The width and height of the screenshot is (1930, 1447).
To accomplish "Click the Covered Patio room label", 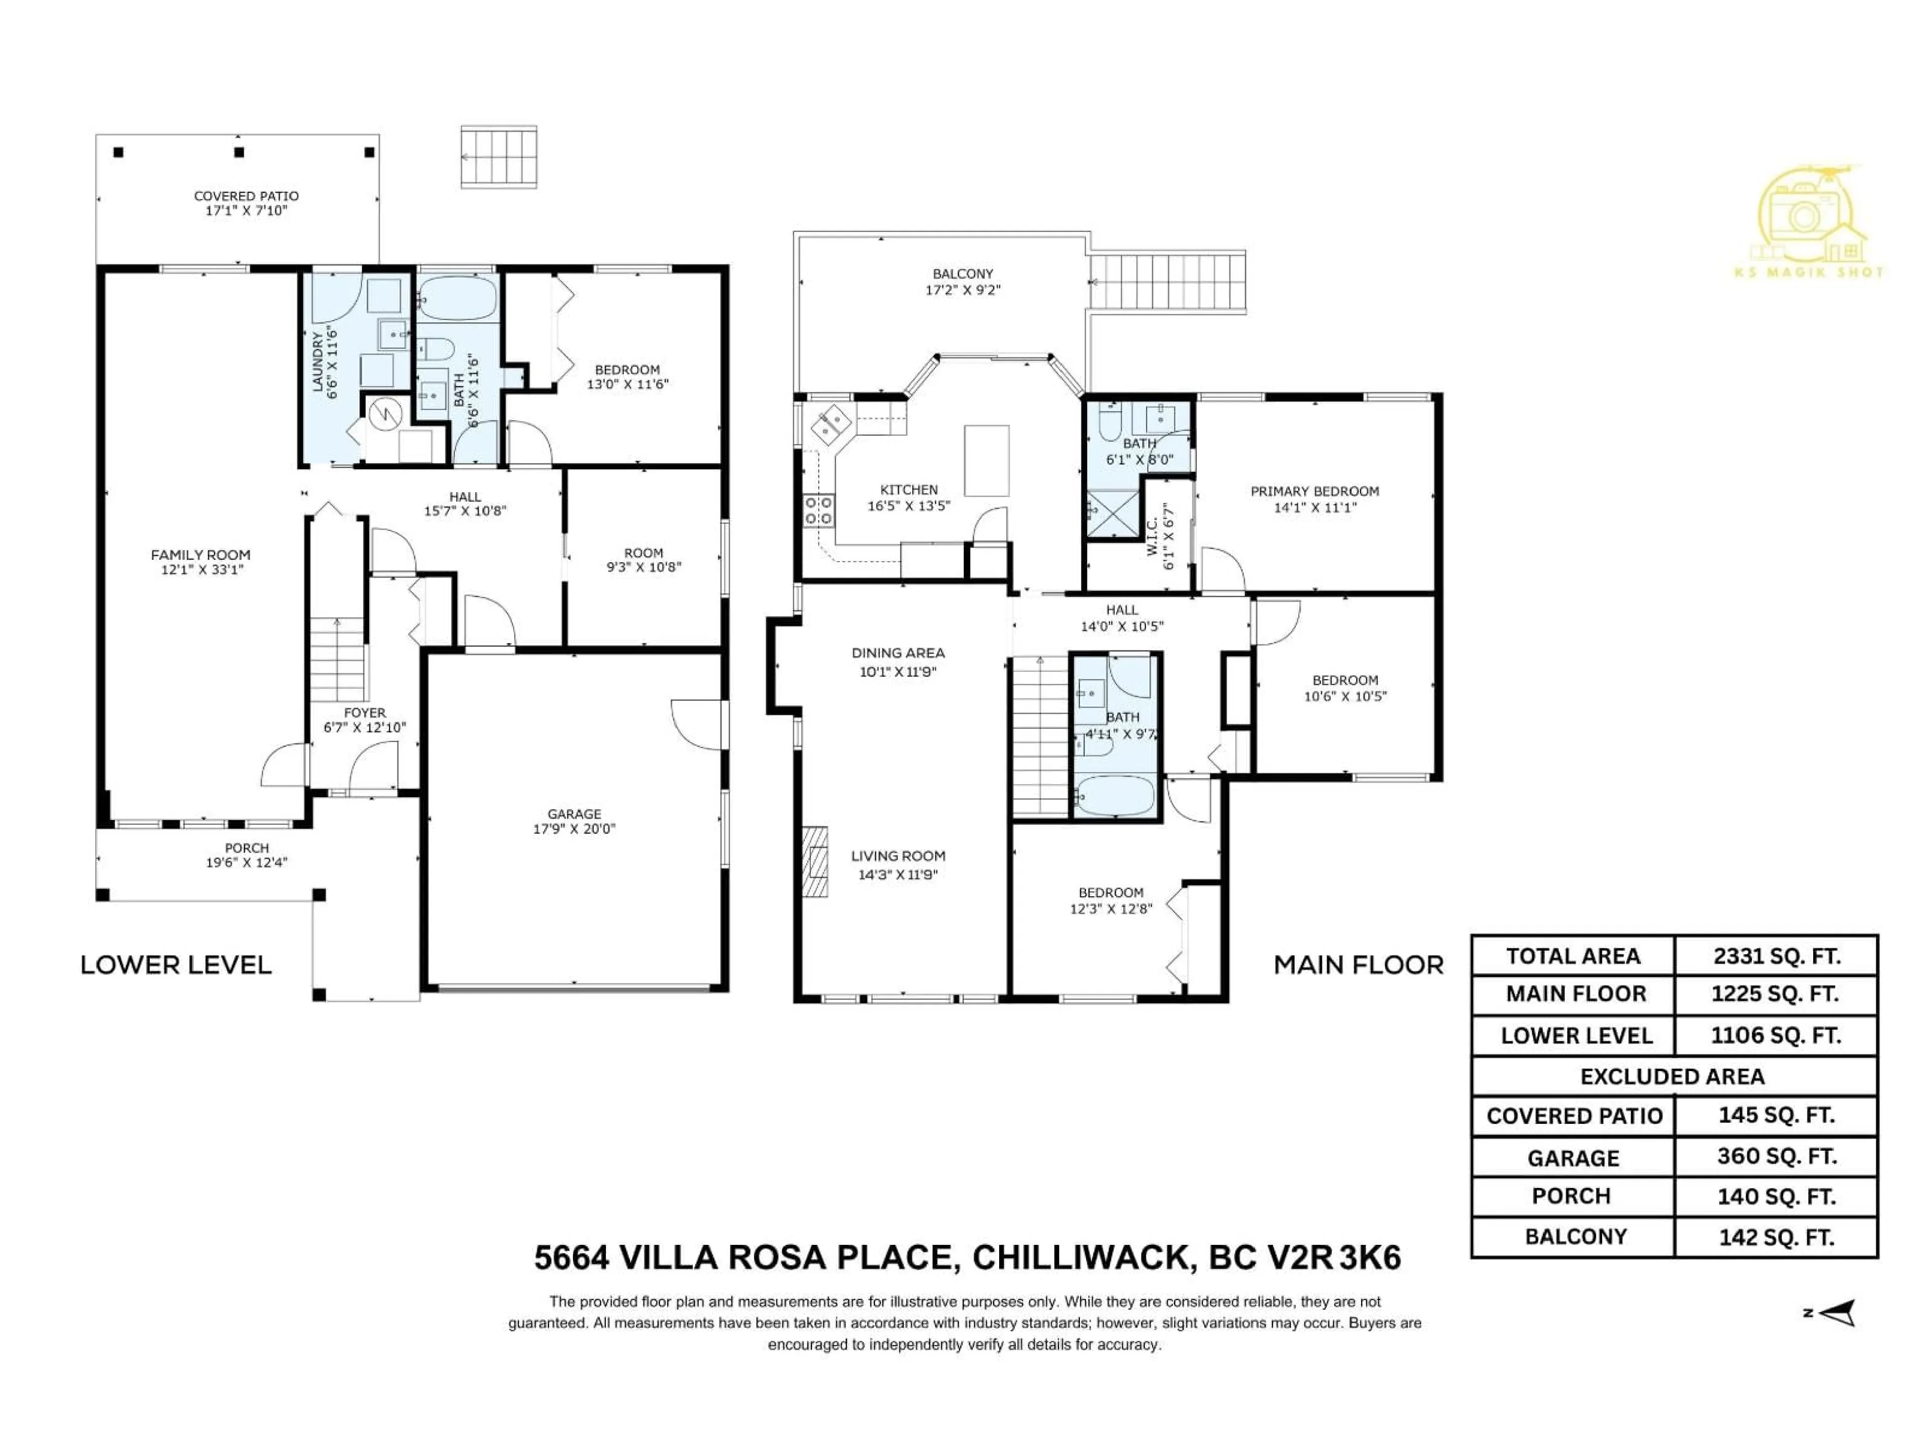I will (x=246, y=196).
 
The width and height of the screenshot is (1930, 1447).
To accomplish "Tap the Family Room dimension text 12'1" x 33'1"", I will (x=201, y=570).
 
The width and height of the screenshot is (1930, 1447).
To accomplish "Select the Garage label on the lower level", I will (x=574, y=814).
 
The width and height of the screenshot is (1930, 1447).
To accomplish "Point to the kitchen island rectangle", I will (x=986, y=461).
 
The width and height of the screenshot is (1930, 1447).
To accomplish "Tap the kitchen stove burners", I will (x=818, y=510).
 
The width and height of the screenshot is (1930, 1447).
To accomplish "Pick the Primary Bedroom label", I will (x=1314, y=491).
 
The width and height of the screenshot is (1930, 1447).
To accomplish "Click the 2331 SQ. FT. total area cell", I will (x=1776, y=956).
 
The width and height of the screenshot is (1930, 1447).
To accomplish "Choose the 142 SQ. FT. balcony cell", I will (x=1776, y=1237).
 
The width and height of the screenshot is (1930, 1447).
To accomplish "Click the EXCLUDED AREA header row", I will (x=1673, y=1076).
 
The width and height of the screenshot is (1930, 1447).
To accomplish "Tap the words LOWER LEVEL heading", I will (x=176, y=965).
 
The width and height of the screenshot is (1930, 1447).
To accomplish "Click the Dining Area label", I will (x=898, y=653).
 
